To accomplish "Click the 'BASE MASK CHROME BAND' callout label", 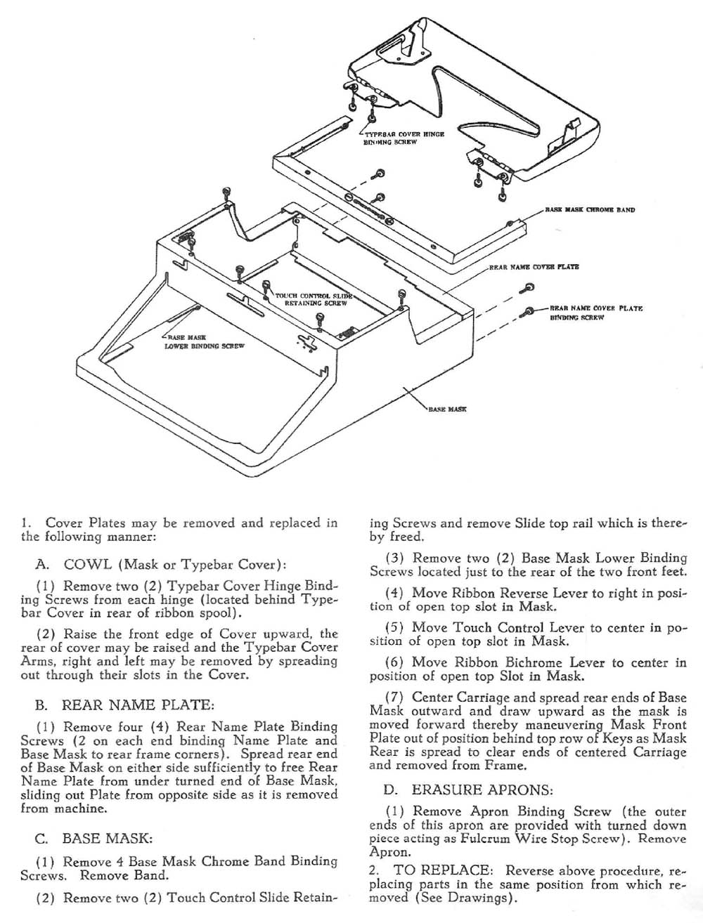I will pyautogui.click(x=590, y=209).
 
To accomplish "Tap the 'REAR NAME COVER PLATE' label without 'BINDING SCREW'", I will pyautogui.click(x=534, y=268).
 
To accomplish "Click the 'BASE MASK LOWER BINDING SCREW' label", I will pyautogui.click(x=203, y=342).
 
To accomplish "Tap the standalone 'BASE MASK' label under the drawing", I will pyautogui.click(x=447, y=408).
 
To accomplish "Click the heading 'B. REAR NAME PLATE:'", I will pyautogui.click(x=137, y=704).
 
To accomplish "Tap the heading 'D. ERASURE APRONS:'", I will pyautogui.click(x=472, y=789).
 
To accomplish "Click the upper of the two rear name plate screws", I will pyautogui.click(x=528, y=286).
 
